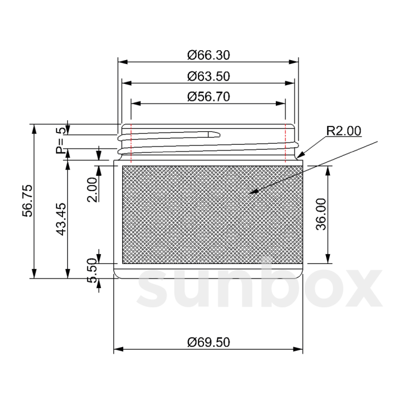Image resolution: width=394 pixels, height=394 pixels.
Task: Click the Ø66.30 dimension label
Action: tap(208, 55)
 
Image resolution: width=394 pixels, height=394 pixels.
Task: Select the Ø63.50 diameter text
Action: tap(208, 76)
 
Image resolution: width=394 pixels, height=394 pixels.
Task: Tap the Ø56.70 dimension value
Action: tap(208, 97)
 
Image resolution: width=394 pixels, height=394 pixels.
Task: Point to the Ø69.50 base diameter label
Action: tap(208, 342)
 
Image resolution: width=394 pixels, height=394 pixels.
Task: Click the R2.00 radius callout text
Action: tap(343, 131)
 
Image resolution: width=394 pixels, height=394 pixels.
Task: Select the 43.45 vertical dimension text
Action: tap(61, 219)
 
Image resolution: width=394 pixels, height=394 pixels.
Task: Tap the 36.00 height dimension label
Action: tap(321, 214)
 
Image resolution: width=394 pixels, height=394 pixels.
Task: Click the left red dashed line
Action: tap(131, 143)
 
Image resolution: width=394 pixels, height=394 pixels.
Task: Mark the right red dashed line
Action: tap(285, 143)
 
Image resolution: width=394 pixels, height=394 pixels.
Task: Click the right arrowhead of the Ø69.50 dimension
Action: tap(298, 349)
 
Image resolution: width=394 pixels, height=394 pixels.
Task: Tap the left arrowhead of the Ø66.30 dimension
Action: tap(122, 62)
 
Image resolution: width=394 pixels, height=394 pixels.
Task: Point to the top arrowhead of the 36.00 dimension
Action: tap(328, 170)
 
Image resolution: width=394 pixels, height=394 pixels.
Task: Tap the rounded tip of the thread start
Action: tap(219, 134)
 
